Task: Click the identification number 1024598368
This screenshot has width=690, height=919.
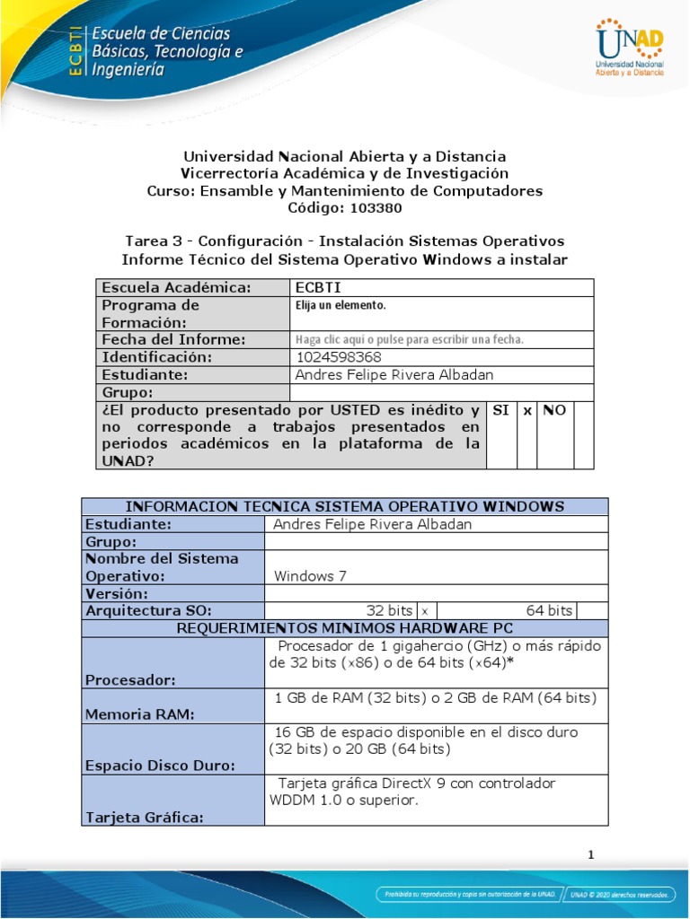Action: coord(331,357)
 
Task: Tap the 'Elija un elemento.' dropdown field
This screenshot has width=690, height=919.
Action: coord(341,306)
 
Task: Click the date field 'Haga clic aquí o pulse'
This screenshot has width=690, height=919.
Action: coord(409,340)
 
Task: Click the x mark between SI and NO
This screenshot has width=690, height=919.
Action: coord(527,410)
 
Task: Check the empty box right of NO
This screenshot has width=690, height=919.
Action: coord(583,434)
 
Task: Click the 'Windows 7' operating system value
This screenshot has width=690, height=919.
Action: coord(310,576)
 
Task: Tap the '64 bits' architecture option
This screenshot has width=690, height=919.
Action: coord(549,610)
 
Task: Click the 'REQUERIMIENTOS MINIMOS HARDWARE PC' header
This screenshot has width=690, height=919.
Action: coord(345,628)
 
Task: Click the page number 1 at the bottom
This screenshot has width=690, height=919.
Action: coord(591,854)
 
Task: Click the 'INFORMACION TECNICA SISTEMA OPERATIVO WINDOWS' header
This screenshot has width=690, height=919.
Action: coord(345,506)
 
